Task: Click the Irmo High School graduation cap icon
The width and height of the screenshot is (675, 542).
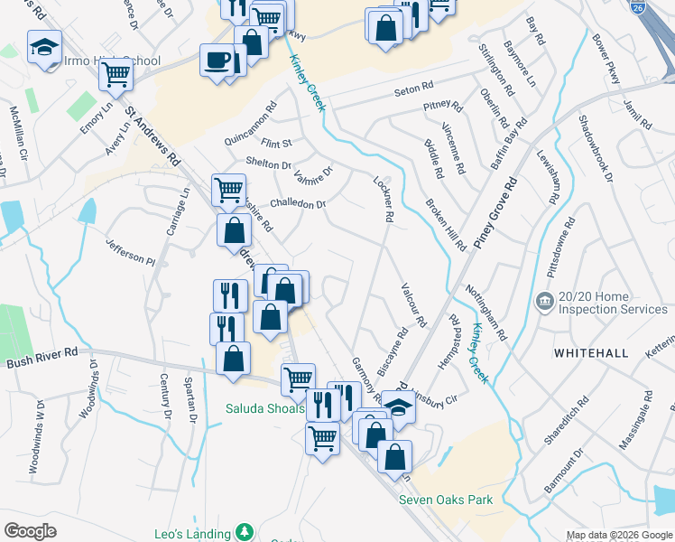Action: tap(44, 48)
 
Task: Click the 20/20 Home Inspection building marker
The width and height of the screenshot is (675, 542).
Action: tap(544, 301)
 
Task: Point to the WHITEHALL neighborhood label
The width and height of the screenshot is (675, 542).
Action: tap(590, 352)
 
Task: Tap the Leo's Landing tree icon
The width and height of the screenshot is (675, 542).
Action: tap(243, 531)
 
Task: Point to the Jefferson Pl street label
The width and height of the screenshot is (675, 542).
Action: tap(131, 251)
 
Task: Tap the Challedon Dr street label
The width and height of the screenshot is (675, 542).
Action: tap(298, 204)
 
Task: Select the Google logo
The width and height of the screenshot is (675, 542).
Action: tap(31, 530)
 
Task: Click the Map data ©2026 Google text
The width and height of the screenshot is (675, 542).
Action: tap(618, 536)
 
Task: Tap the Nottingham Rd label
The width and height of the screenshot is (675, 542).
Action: tap(485, 312)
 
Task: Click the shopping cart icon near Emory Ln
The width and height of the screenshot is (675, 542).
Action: tap(116, 76)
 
